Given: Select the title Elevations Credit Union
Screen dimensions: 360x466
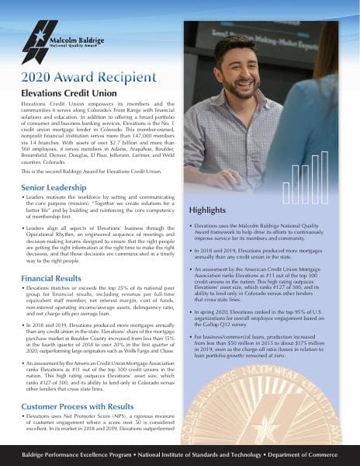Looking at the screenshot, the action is (x=64, y=93).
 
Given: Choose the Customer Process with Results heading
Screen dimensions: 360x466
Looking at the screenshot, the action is (x=78, y=406).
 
